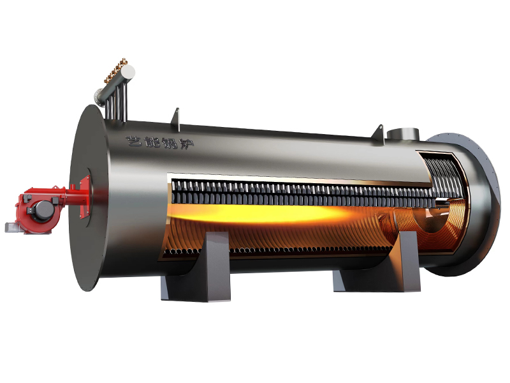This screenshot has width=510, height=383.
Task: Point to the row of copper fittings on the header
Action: click(116, 70)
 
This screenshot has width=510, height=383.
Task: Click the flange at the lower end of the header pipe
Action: click(98, 97)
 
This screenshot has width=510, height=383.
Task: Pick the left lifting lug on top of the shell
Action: click(176, 119)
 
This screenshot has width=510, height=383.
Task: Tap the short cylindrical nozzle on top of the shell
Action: click(403, 134)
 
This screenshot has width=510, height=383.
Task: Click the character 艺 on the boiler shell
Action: click(135, 140)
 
